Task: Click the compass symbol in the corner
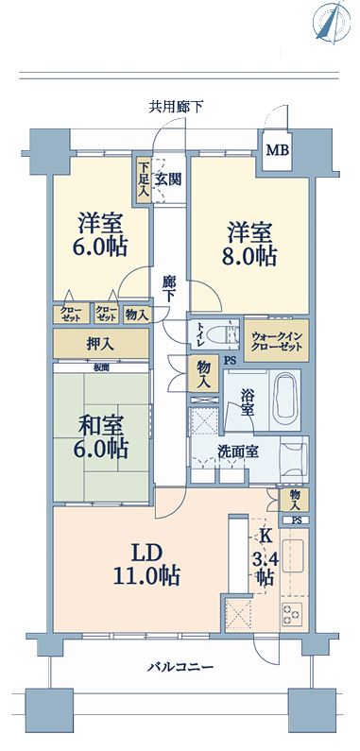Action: click(x=330, y=22)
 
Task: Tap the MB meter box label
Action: click(x=278, y=151)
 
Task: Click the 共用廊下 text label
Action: click(x=176, y=107)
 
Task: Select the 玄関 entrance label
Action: click(x=168, y=179)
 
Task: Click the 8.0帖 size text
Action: click(x=249, y=257)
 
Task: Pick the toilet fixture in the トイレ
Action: click(x=226, y=333)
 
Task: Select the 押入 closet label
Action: click(x=100, y=344)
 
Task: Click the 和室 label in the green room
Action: click(x=102, y=425)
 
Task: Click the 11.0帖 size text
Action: click(x=146, y=575)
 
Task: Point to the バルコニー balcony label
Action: click(x=180, y=667)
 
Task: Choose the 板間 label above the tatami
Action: click(x=100, y=367)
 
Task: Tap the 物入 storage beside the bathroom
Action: click(x=203, y=374)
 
